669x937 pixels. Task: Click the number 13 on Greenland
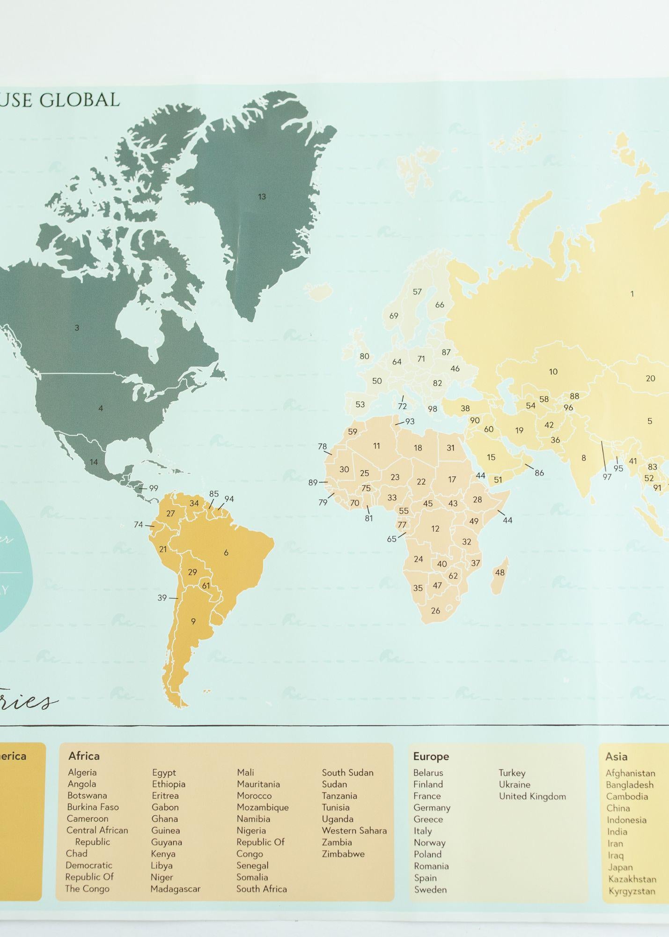pos(262,197)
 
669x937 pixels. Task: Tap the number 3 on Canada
pos(77,328)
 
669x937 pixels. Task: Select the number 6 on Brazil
pos(226,553)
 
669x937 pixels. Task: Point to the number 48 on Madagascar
pos(500,573)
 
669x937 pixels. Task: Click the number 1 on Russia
pos(632,294)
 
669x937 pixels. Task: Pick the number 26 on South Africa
pos(435,610)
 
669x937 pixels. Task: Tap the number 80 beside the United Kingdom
pos(364,356)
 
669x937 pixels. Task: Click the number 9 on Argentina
pos(193,622)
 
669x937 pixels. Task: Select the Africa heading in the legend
pos(84,756)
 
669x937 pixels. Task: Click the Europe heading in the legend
pos(431,756)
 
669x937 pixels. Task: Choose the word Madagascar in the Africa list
pos(175,889)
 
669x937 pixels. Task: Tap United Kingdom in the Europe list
pos(532,796)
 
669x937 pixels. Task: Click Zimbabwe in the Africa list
pos(343,854)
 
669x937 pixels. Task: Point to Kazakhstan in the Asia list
pos(632,879)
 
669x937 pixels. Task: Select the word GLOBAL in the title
pos(80,100)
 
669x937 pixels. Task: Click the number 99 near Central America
pos(154,488)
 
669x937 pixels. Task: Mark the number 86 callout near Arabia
pos(539,473)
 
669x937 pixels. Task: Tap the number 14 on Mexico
pos(94,462)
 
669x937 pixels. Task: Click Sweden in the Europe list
pos(430,889)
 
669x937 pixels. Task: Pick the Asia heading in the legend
pos(616,756)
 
